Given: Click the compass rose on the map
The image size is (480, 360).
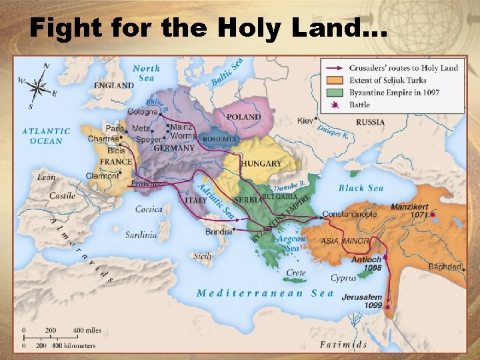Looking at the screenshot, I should [x=39, y=86].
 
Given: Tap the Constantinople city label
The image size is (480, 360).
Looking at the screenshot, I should [x=349, y=215].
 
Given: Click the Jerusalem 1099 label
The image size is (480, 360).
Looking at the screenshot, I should [x=363, y=301].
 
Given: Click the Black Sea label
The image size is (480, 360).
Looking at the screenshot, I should [x=361, y=188].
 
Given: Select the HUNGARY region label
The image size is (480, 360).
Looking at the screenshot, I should [x=261, y=163].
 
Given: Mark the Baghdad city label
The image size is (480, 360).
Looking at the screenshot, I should [x=445, y=267].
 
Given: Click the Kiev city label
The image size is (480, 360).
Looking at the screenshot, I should [x=305, y=121].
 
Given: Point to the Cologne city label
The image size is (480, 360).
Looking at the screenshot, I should [x=142, y=112].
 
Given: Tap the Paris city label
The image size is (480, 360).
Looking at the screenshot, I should [x=114, y=128].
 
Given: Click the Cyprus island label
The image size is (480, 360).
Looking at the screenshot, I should [x=343, y=278].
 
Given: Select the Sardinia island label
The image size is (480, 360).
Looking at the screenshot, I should [x=141, y=235].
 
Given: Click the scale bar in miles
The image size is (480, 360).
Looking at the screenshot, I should [x=51, y=331].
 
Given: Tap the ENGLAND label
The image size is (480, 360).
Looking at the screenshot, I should [x=113, y=85].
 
